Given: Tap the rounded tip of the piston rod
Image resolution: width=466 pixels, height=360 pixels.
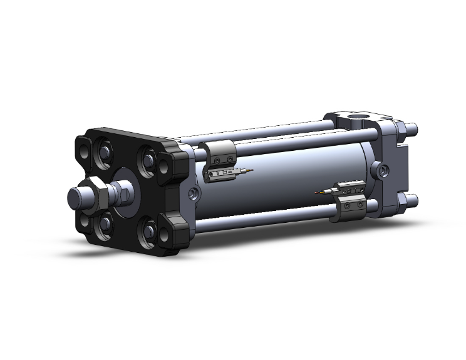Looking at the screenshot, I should tap(75, 198).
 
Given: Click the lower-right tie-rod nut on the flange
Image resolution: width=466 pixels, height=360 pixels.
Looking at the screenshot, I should tap(149, 232).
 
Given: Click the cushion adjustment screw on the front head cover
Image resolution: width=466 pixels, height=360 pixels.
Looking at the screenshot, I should tap(194, 194).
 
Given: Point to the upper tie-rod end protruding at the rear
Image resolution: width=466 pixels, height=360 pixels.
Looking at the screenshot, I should tap(412, 130).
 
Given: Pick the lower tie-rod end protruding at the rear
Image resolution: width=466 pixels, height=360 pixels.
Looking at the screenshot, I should tap(411, 200).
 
